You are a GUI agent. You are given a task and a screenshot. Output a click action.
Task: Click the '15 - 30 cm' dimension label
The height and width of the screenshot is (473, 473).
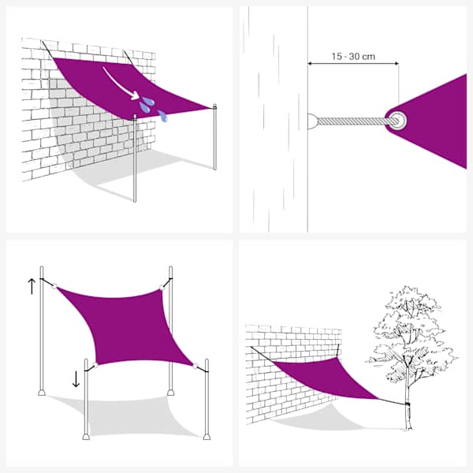[x=353, y=57]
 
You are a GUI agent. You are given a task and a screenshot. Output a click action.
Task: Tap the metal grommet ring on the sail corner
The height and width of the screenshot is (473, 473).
[x=397, y=121]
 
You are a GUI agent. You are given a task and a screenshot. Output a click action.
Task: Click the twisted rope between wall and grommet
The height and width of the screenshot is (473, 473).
[x=353, y=121]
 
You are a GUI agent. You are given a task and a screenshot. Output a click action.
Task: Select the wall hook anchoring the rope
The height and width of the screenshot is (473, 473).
[x=312, y=121]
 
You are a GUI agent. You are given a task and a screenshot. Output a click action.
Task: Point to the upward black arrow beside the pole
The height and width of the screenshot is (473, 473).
[x=32, y=286]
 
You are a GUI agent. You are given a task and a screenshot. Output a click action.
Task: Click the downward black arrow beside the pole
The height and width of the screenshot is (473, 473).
[x=76, y=379]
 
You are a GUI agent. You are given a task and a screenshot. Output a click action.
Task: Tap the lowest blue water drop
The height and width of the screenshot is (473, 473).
[x=162, y=116]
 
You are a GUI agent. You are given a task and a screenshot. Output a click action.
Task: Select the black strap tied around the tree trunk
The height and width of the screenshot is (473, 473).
[x=408, y=404]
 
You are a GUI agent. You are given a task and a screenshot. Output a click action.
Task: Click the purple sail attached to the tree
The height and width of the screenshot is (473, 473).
[x=324, y=377]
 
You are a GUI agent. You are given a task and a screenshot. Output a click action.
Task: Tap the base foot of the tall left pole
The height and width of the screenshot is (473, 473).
[x=42, y=392]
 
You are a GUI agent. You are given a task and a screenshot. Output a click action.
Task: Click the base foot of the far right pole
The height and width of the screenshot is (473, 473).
[x=207, y=437]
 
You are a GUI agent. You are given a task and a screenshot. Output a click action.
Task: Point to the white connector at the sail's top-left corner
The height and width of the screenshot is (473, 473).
[x=54, y=285]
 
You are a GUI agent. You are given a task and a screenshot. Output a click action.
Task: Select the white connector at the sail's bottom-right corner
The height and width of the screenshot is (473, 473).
[x=196, y=367]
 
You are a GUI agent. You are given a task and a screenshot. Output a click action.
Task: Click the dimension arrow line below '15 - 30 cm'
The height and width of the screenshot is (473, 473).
[x=353, y=63]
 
